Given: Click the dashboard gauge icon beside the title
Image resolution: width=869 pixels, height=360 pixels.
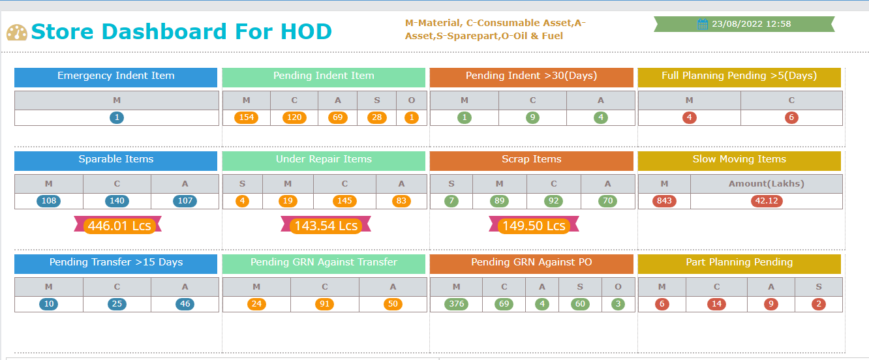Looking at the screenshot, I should pos(17,33).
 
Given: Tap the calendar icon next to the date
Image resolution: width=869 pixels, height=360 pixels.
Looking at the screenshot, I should pos(703,24).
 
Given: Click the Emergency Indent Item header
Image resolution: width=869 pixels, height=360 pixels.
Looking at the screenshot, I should pos(115,76).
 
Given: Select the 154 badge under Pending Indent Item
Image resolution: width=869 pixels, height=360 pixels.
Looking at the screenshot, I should pos(246,118).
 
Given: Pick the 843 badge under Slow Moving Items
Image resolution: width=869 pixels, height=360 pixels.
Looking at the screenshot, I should pos(664,201).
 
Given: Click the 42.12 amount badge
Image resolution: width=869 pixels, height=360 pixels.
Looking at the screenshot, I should pos(767,201).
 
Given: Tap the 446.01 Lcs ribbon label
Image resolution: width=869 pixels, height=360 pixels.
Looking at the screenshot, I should pos(119,226).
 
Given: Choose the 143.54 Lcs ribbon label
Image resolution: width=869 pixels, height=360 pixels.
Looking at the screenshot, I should pos(326,226).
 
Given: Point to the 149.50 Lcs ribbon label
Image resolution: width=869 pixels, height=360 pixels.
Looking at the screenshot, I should pos(533,226).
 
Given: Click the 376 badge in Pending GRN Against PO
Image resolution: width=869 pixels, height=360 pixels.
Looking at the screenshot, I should pos(456,304).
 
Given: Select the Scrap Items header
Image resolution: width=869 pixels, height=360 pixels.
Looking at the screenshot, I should pos(531,160).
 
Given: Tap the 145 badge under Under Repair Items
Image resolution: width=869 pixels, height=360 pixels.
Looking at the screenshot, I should pos(344,201).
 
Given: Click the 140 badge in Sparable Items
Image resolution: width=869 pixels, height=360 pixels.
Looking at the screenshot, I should pos(117,201).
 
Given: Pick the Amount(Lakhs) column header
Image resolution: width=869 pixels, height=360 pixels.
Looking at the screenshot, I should pos(766,184).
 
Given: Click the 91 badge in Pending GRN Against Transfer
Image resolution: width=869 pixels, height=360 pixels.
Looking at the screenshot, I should pos(324,304).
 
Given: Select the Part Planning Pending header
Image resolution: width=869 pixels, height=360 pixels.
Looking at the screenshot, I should pos(739,263).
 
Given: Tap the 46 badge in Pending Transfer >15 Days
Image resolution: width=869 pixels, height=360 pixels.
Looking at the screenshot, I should pos(185,304).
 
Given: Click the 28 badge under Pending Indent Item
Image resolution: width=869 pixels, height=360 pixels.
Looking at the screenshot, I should pos(376,118).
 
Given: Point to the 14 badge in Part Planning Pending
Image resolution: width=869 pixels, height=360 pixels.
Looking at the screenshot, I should pos(716,304).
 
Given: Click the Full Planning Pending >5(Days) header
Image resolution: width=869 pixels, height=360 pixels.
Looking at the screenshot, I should pos(739,76).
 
